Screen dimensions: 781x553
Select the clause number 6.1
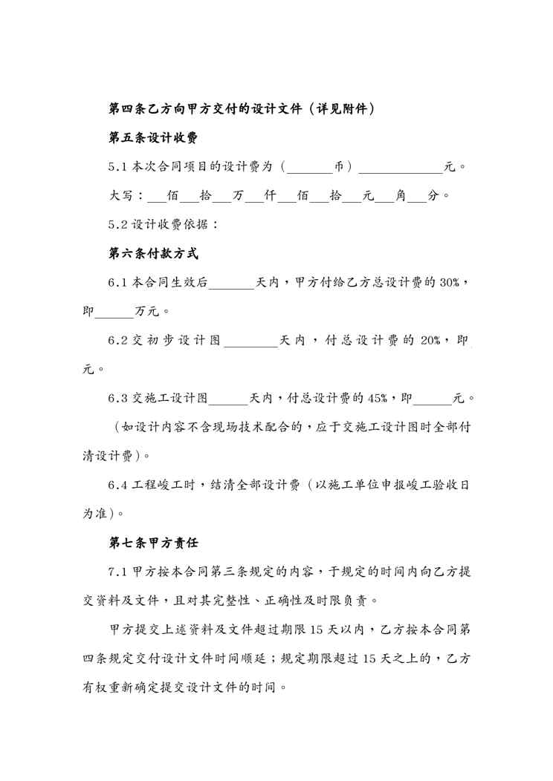click(117, 282)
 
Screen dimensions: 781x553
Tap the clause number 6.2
click(117, 340)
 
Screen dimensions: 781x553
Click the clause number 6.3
click(117, 398)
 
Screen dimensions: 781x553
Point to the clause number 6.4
click(117, 485)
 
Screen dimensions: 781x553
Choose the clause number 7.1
click(117, 572)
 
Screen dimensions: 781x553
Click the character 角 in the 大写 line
click(401, 195)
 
